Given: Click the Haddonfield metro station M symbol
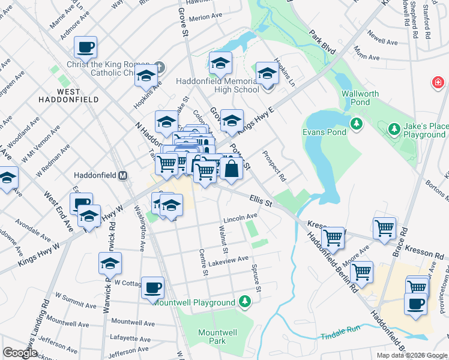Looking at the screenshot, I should (x=122, y=176).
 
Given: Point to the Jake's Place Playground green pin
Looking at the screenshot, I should (x=394, y=128).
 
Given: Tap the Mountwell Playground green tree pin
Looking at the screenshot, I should (x=244, y=301).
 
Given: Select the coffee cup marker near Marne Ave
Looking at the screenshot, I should (x=85, y=46).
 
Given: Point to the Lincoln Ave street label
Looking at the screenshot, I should (x=240, y=216).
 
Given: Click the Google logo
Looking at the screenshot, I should (x=20, y=352).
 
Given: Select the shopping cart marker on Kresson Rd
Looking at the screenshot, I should (x=384, y=227).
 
